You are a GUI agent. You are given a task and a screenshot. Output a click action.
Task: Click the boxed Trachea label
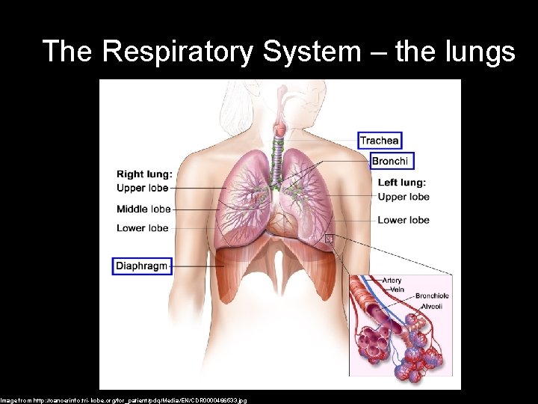tap(380, 140)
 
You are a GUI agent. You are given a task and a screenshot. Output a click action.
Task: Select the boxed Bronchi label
tap(391, 161)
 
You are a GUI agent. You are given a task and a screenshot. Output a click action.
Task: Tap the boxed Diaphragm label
tap(142, 266)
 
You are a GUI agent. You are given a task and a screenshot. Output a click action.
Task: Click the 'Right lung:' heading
tap(144, 174)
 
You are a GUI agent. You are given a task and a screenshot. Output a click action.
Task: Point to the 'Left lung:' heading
tap(402, 183)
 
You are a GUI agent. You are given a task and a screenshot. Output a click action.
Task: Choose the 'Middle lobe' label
tap(143, 209)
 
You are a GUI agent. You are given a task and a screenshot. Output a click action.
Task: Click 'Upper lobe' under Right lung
tap(142, 188)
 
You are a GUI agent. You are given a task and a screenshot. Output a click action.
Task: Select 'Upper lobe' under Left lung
tap(403, 197)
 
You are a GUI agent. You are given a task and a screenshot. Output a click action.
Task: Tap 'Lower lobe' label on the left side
tap(142, 227)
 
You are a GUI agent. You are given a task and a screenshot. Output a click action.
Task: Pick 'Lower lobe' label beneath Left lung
tap(403, 220)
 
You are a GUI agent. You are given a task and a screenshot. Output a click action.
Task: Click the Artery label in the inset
tap(392, 281)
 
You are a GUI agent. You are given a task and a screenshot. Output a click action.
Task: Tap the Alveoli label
tap(430, 306)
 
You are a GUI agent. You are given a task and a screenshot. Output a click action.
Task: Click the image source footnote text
tap(123, 400)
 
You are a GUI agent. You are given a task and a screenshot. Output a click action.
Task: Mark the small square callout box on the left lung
tap(329, 239)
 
